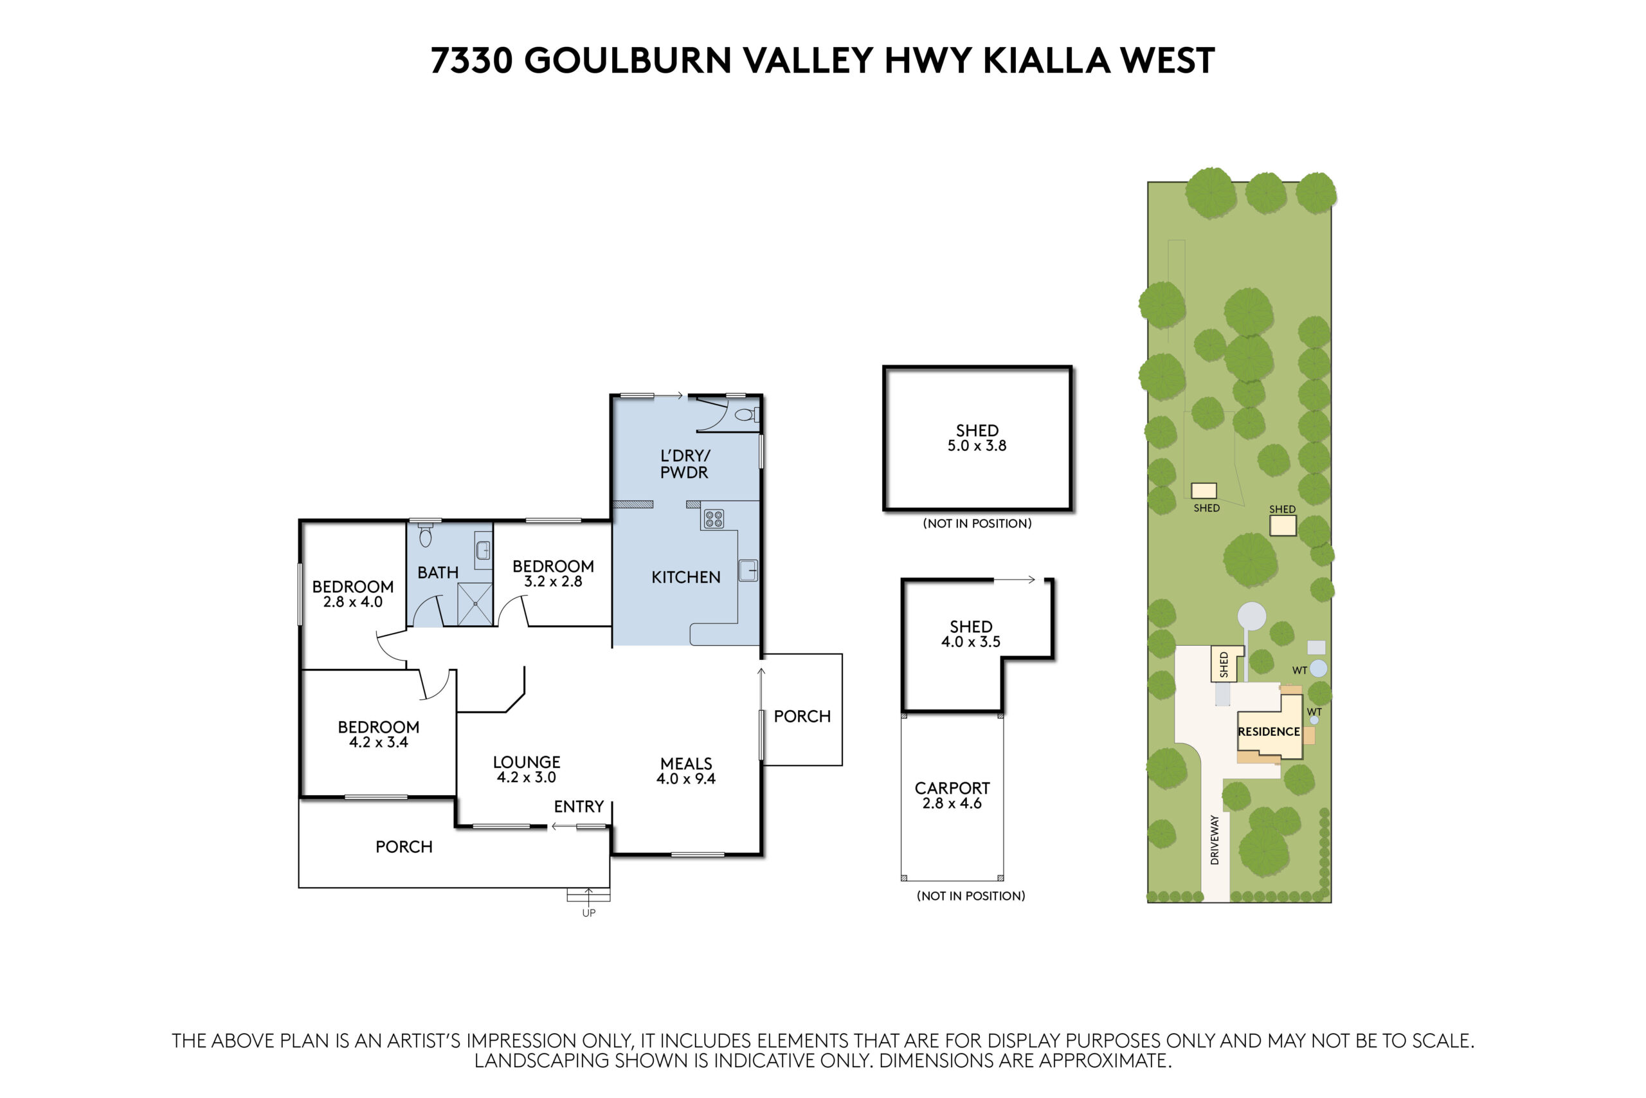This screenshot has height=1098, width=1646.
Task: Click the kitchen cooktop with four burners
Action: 713,519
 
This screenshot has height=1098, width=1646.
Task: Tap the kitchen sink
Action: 748,570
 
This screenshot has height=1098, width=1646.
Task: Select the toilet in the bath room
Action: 426,535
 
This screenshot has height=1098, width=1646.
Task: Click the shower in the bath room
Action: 475,603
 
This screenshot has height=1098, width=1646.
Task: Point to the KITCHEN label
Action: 686,577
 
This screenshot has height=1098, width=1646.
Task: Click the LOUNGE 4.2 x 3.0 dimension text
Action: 527,777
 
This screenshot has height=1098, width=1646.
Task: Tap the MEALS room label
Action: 686,764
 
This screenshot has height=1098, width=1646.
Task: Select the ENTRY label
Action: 579,807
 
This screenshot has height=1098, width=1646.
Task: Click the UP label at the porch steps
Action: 588,913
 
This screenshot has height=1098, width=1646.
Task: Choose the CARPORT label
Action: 952,788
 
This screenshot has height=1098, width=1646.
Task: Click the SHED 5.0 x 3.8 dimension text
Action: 977,445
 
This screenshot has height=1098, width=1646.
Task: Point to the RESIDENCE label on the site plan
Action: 1269,731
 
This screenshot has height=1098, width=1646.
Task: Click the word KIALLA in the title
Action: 1046,60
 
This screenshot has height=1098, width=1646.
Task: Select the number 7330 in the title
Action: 472,60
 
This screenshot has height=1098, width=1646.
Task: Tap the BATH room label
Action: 438,573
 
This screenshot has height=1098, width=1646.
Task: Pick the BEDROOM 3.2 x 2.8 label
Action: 553,573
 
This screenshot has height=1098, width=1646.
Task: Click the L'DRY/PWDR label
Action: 684,464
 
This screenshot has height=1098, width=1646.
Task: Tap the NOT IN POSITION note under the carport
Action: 971,895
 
